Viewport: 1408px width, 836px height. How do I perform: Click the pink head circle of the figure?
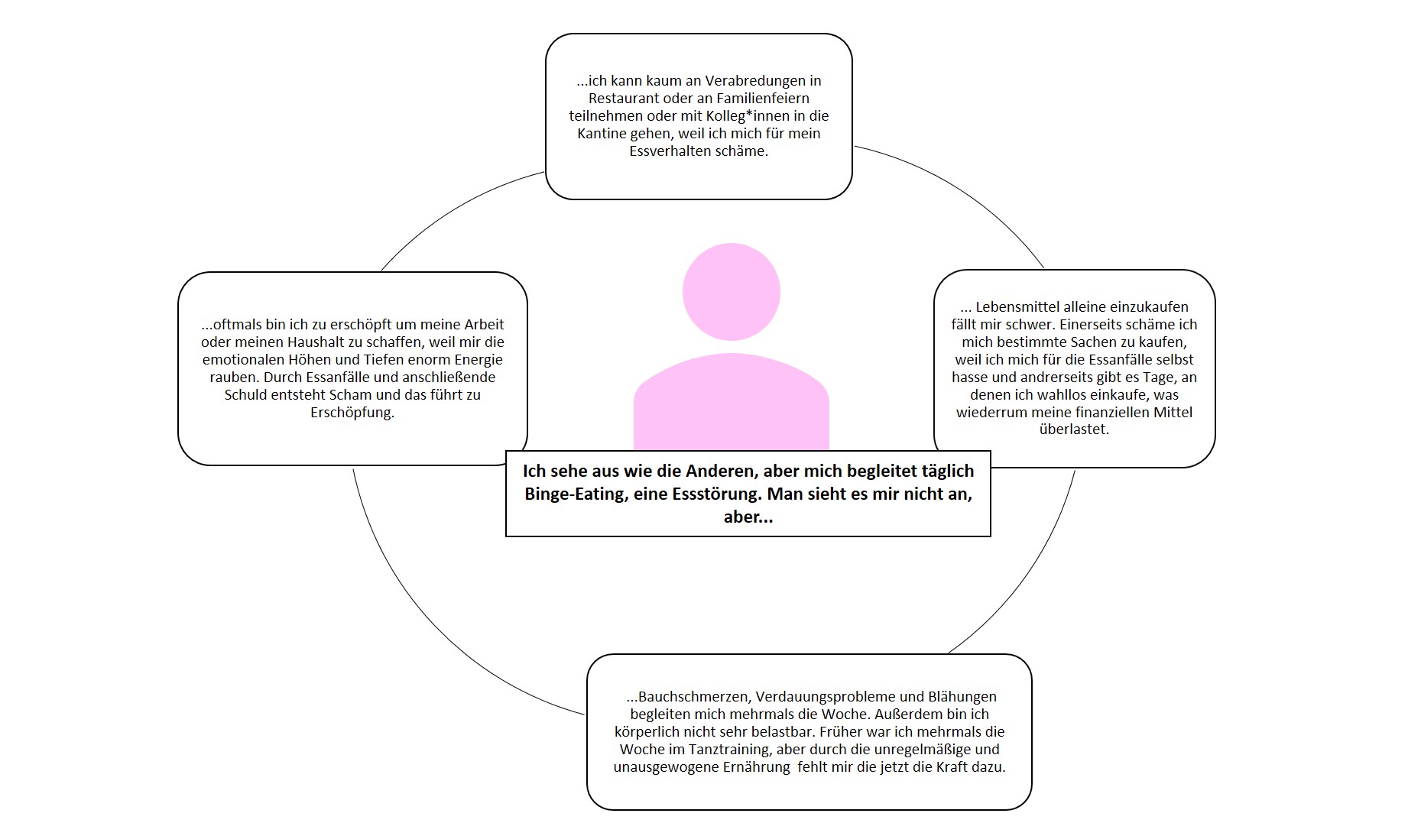731,291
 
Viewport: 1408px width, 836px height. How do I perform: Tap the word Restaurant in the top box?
624,98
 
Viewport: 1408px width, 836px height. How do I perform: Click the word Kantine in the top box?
602,133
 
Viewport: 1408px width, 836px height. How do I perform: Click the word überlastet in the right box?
1073,429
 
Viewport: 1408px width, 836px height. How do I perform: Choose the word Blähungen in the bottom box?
962,696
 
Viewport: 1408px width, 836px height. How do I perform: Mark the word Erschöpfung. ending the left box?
352,413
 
